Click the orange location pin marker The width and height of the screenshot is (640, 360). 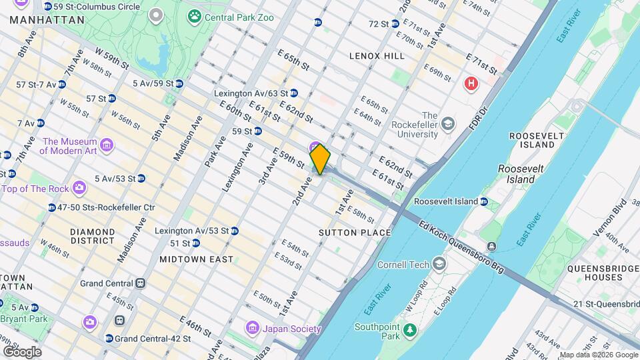tap(320, 159)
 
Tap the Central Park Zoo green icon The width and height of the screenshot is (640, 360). tap(195, 15)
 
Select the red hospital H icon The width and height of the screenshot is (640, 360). tap(471, 83)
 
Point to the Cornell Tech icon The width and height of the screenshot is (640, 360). tap(439, 265)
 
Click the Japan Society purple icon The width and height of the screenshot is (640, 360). tap(252, 328)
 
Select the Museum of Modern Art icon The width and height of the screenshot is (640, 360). tap(106, 144)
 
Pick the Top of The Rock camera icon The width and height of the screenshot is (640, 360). tap(79, 189)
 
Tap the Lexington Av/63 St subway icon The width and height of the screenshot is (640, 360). tap(294, 93)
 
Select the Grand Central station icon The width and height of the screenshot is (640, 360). tap(140, 283)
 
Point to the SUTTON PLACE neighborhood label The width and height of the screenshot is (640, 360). tap(354, 233)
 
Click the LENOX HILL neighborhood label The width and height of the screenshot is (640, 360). tap(377, 56)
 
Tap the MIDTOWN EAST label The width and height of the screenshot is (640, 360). tap(197, 259)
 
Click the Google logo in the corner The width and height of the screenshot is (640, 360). tap(22, 351)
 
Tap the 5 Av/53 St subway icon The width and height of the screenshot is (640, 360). tap(141, 178)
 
